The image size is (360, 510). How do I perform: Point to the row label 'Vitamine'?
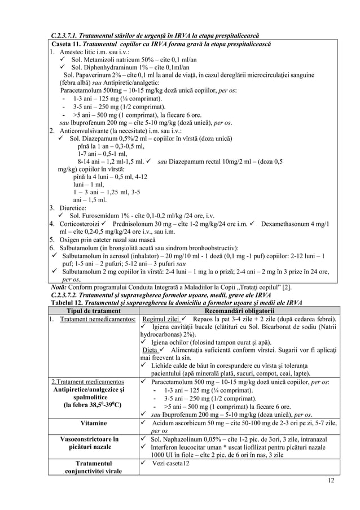click(x=92, y=422)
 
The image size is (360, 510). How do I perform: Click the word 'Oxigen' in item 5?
click(x=67, y=239)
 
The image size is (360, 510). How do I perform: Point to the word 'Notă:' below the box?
click(x=59, y=287)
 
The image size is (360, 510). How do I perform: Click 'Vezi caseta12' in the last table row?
click(x=172, y=463)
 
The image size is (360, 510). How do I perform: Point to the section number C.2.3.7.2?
click(x=71, y=295)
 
